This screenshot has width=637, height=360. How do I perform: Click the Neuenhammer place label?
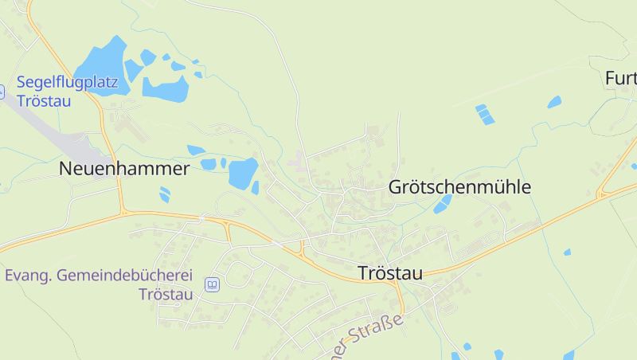[124, 169]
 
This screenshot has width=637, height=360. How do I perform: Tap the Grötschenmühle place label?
[459, 188]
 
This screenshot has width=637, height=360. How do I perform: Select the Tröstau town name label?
[390, 272]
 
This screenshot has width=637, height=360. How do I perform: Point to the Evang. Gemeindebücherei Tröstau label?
[99, 284]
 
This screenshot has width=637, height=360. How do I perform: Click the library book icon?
[212, 285]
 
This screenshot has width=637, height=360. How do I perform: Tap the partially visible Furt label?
[621, 78]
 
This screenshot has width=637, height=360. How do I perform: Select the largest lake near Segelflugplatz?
[100, 65]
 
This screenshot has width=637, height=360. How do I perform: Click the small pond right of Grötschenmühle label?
[441, 205]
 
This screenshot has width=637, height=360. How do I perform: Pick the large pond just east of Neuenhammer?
[242, 172]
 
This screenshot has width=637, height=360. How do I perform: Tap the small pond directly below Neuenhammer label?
[164, 194]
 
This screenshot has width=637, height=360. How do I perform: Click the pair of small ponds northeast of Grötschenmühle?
[484, 115]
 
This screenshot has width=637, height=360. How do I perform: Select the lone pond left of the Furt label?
[554, 102]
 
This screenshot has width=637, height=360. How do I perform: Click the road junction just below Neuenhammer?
[123, 211]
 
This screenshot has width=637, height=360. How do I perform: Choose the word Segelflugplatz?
[68, 82]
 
